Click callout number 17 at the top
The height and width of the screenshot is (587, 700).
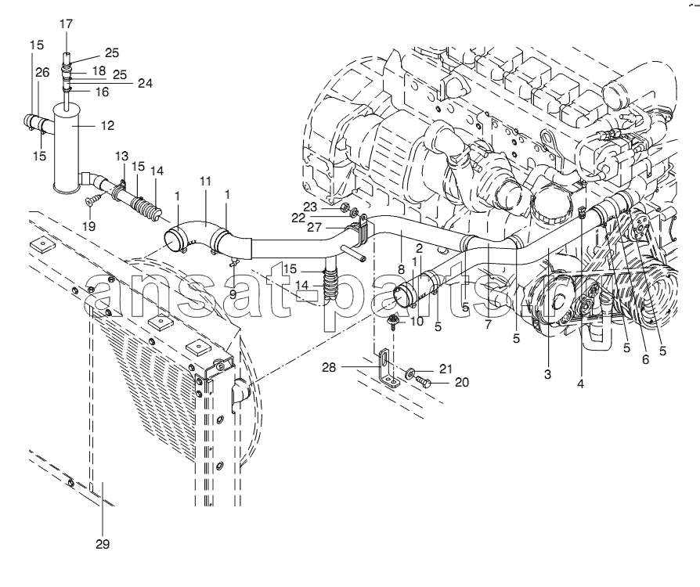click(66, 23)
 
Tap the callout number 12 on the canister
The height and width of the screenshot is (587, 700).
click(107, 125)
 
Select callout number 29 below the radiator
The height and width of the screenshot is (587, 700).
click(103, 544)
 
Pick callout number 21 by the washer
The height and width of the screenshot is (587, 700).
click(446, 369)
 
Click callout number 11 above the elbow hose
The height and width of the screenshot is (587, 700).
click(206, 182)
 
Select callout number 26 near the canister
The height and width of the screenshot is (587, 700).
click(41, 72)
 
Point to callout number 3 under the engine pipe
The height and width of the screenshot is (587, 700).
click(548, 375)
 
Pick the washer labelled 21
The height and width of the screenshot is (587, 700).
click(412, 371)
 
